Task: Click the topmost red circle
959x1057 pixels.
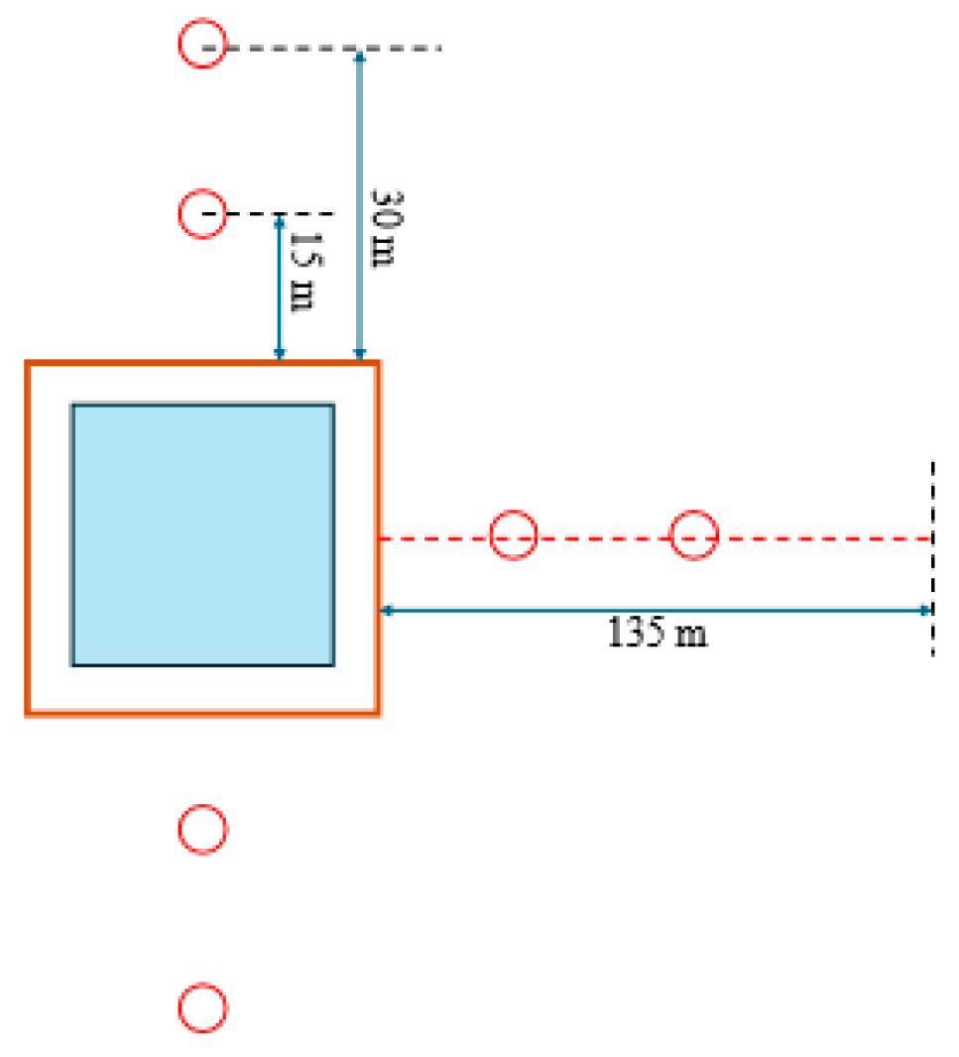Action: point(202,46)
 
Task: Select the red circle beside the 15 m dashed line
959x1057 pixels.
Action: point(202,213)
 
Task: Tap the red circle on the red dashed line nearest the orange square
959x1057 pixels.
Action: point(514,535)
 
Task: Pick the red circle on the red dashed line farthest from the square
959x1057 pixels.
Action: point(693,535)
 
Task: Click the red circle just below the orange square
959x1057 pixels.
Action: point(202,829)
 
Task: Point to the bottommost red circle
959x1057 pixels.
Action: point(202,1007)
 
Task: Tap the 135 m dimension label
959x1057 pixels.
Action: point(658,633)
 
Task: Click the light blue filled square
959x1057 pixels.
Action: point(202,534)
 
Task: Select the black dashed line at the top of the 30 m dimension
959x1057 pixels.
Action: point(397,48)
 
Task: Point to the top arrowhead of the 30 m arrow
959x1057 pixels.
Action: point(360,56)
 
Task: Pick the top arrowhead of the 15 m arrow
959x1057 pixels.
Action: point(280,220)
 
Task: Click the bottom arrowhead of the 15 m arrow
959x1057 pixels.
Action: point(280,354)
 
